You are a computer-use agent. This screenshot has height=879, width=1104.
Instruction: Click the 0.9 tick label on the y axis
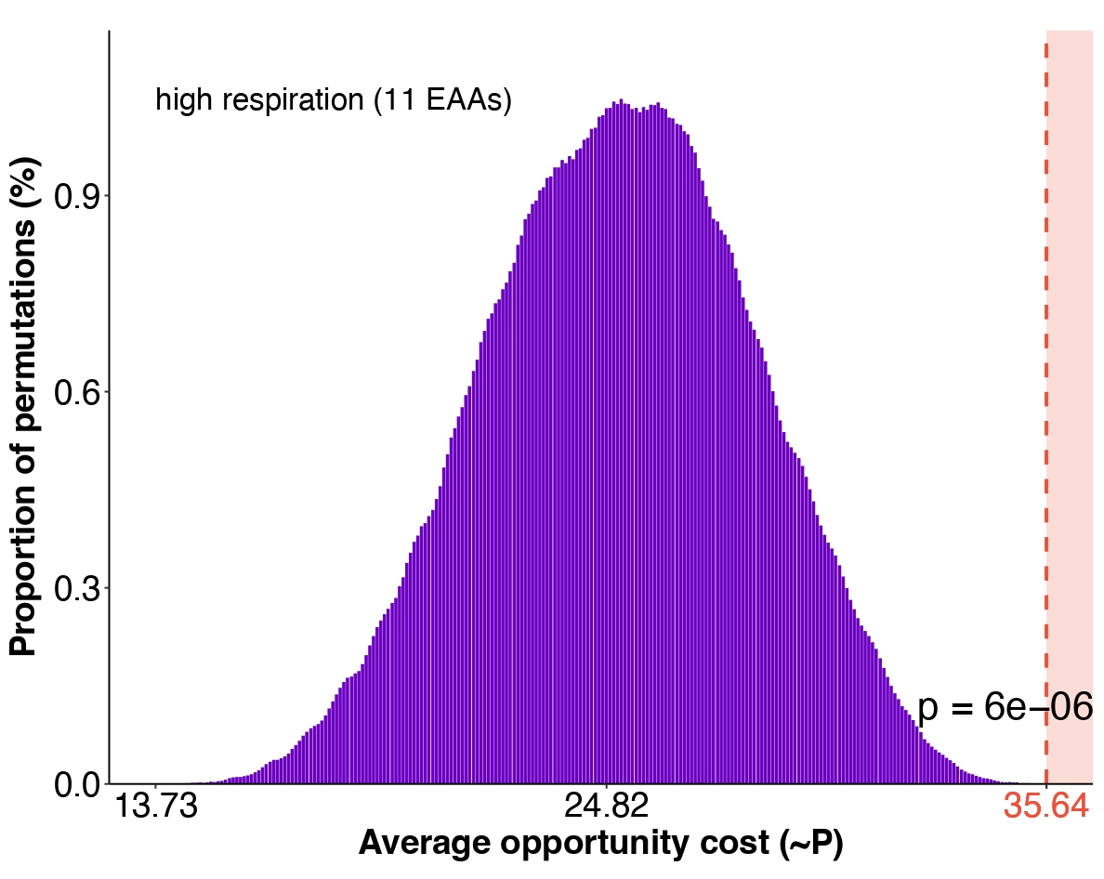(x=79, y=196)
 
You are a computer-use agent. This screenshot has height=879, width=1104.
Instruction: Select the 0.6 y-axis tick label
(x=79, y=392)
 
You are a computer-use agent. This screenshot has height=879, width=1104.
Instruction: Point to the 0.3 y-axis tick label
(x=79, y=588)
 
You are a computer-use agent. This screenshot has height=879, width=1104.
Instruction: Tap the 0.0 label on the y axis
(x=79, y=785)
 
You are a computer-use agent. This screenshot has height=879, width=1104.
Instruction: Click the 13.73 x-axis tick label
(x=155, y=807)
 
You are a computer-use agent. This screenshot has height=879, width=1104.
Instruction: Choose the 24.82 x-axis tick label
(x=607, y=807)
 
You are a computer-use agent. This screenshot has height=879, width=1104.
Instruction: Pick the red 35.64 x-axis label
(x=1046, y=807)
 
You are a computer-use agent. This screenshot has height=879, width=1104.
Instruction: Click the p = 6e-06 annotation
(x=1005, y=708)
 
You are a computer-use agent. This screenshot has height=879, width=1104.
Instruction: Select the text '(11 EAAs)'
(x=442, y=100)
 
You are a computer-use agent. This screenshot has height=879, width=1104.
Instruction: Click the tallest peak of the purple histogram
(x=621, y=101)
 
